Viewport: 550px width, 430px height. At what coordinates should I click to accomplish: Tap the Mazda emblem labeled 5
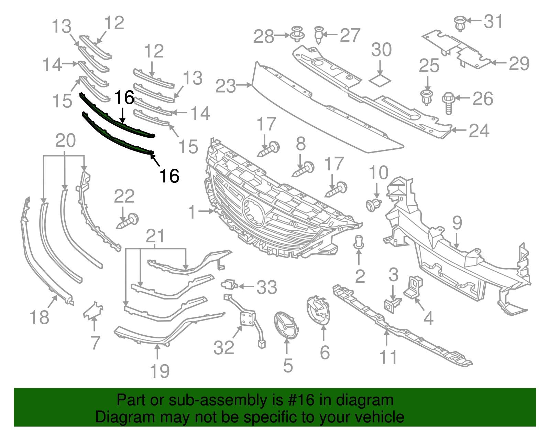coord(286,325)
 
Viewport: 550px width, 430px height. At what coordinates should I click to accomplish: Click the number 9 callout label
coord(457,223)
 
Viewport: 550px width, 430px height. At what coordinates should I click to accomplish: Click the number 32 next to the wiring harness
coord(224,347)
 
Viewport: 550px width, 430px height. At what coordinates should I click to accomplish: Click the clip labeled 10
coord(373,205)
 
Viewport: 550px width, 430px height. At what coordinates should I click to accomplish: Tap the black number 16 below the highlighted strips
coord(169,176)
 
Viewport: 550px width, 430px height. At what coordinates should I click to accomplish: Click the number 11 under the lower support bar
coord(388,357)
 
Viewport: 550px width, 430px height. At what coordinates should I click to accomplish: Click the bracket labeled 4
coord(414,286)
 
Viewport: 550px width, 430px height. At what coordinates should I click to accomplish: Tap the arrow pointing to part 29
coord(499,63)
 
